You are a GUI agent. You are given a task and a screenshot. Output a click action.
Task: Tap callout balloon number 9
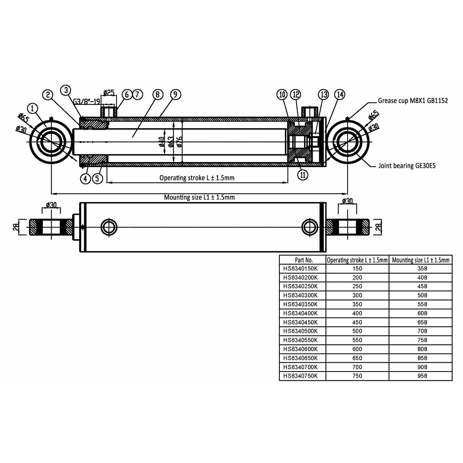point(175,95)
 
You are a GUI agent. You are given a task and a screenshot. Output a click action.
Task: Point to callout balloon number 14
point(340,95)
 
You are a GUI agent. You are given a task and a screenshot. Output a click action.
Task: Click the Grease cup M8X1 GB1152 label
point(412,101)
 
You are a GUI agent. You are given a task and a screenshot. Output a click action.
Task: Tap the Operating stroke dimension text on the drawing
point(197,178)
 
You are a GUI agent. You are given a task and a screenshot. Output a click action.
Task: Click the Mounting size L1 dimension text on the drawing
point(199,197)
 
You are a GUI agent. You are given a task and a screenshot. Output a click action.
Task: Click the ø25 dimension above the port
point(109,93)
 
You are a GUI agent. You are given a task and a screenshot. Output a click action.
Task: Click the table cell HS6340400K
point(300,313)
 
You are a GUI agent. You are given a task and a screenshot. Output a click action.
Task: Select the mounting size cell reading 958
point(422,376)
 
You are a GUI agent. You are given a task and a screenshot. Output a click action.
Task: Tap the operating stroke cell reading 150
point(357,269)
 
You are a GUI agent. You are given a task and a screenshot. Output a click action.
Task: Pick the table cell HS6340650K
point(300,358)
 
